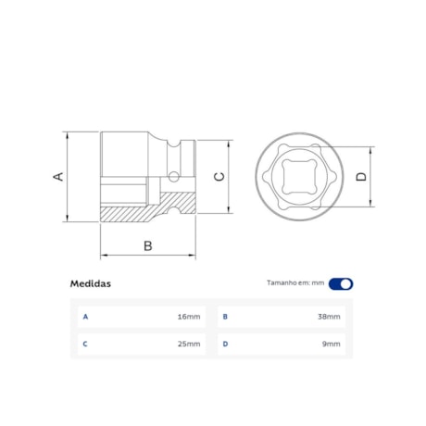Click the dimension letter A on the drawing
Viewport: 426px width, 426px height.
[58, 176]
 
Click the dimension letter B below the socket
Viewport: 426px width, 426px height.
[146, 245]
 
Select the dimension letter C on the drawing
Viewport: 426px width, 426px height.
[219, 176]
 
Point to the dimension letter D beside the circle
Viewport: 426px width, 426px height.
[361, 176]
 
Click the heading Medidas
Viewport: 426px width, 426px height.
[91, 284]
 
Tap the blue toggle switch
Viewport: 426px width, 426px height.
[341, 284]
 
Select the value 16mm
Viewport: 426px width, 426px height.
[188, 317]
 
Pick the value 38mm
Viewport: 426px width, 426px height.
[329, 317]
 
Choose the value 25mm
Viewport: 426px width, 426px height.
[188, 345]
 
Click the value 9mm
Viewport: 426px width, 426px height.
[332, 345]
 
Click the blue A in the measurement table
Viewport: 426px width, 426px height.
[85, 317]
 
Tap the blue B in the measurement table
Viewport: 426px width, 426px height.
[225, 317]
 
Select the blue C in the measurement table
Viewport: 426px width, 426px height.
[85, 345]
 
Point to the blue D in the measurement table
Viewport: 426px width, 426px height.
[225, 345]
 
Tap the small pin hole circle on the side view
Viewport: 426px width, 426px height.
[174, 175]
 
